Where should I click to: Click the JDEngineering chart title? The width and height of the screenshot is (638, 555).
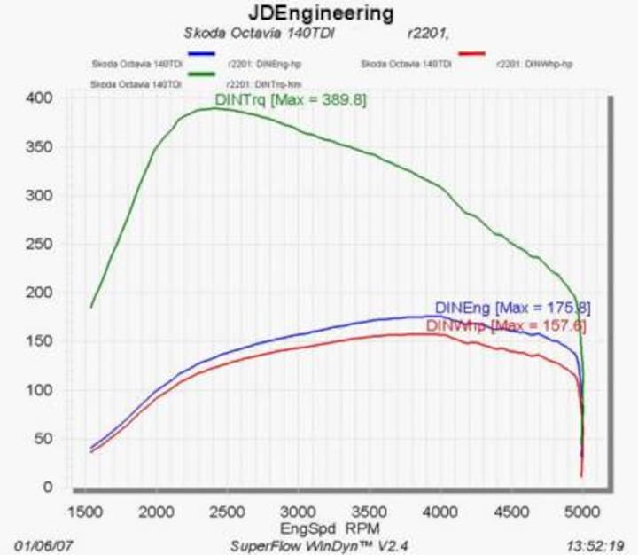[319, 13]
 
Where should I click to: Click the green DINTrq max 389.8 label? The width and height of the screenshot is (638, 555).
[291, 99]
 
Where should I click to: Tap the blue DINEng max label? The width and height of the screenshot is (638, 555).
[512, 308]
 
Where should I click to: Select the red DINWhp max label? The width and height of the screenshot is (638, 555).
[506, 325]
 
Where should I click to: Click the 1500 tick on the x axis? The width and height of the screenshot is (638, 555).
[84, 512]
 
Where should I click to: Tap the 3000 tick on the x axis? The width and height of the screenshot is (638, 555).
[298, 512]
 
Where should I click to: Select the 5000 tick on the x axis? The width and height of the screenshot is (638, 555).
[582, 512]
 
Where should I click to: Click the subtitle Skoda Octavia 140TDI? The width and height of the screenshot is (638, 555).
[242, 34]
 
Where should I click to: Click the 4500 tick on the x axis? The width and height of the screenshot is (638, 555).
[511, 512]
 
